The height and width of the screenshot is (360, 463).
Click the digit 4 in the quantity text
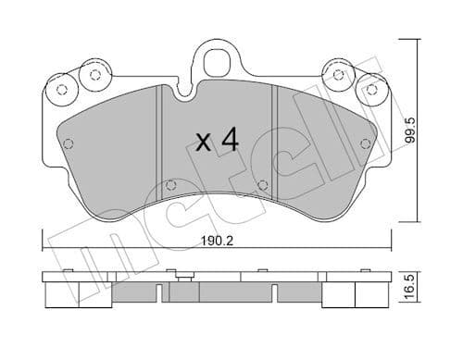pyautogui.click(x=230, y=141)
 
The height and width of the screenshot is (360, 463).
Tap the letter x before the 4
pyautogui.click(x=204, y=143)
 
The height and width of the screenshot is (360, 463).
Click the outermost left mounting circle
pyautogui.click(x=63, y=90)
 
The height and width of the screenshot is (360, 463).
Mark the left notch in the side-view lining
pyautogui.click(x=161, y=294)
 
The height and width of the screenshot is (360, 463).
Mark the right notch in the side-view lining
pyautogui.click(x=276, y=294)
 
